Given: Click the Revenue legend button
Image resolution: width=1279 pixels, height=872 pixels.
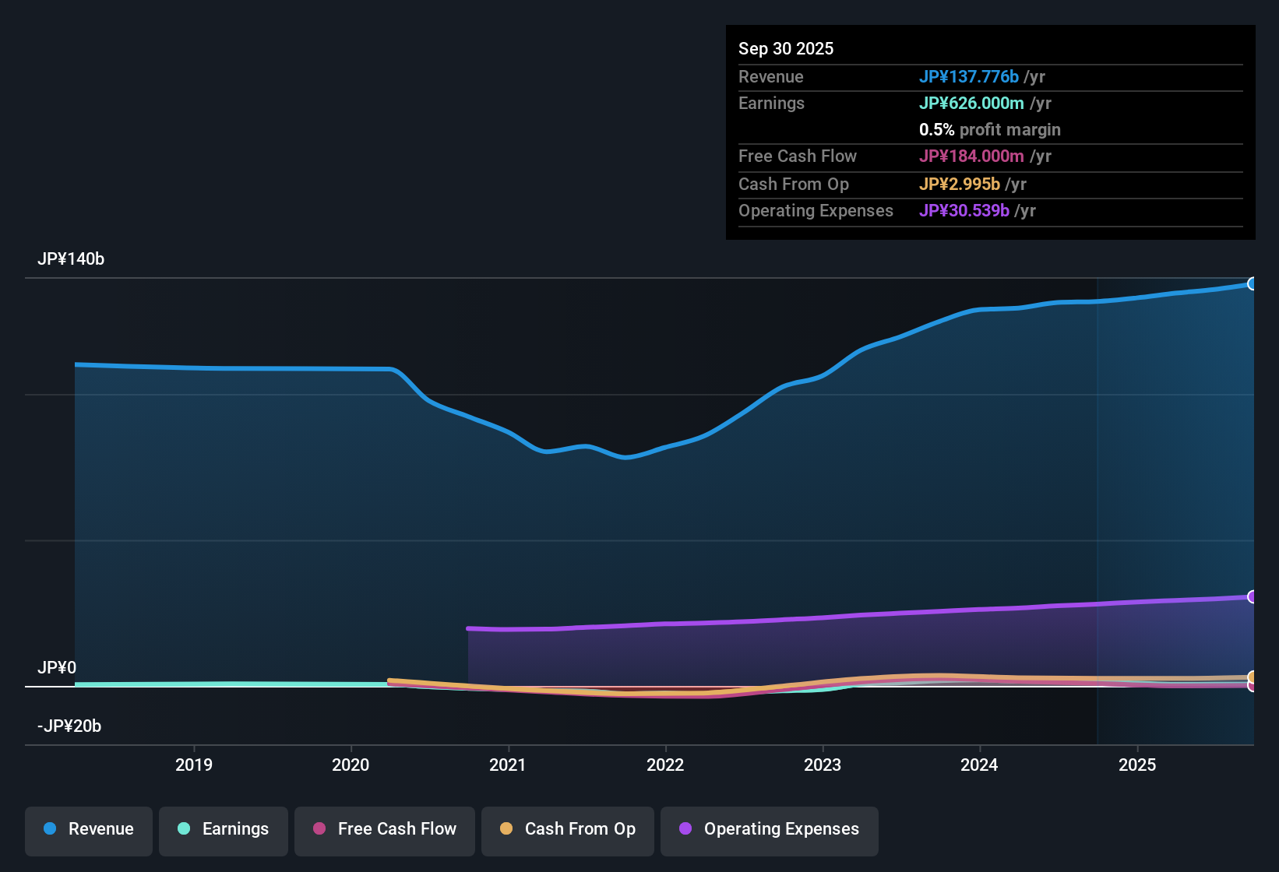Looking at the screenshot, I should (89, 829).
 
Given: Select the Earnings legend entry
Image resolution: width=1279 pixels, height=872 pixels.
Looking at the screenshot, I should (224, 829).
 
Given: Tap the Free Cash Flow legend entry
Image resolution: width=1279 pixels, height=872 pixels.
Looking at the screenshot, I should (385, 829).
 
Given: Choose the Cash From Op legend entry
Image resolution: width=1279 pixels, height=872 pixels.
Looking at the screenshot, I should (568, 829).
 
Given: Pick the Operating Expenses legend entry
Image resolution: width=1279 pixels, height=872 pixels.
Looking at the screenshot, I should (770, 829).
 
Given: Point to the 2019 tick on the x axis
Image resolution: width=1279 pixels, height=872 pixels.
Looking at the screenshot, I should (194, 765).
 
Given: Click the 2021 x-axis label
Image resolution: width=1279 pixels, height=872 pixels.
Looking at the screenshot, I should (508, 765).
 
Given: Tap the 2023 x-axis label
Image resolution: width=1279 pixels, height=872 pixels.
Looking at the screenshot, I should (823, 765).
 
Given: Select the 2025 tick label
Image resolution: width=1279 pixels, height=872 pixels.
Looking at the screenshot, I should (1137, 765).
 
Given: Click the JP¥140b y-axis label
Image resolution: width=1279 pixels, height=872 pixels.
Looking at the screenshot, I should (71, 259).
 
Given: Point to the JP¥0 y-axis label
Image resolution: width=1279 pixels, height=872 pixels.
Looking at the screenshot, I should (57, 668).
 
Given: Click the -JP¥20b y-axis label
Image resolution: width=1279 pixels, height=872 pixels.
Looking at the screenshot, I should (69, 726).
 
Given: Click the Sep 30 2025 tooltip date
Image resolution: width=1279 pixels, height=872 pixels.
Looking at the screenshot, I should (786, 48).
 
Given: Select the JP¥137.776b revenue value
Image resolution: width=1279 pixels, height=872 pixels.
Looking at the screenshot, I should (969, 76).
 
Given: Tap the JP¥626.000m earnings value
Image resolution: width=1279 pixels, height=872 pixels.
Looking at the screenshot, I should (971, 104).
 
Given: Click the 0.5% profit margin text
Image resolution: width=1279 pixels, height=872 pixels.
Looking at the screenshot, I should (989, 130).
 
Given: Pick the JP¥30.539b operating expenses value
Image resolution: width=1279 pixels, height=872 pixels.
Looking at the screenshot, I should (964, 211).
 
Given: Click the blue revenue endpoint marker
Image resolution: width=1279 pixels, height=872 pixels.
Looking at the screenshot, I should (1252, 283).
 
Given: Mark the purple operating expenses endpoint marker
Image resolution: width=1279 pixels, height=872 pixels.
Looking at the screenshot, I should (1252, 596).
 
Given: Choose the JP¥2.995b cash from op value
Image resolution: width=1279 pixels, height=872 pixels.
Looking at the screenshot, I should (960, 185).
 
